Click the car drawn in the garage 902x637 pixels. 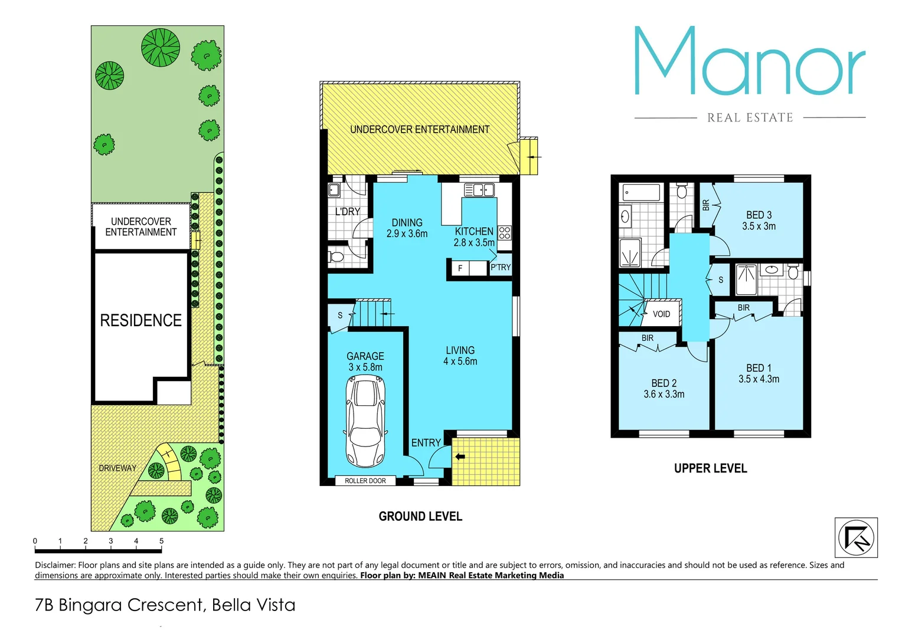coord(365,422)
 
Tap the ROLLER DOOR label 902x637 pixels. coord(365,481)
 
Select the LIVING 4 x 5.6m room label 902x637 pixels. coord(460,356)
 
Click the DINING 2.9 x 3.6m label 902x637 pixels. coord(407,228)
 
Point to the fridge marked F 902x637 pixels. coord(460,268)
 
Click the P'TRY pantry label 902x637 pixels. coord(501,267)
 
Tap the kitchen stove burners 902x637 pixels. coord(505,232)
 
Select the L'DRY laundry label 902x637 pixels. coord(347,211)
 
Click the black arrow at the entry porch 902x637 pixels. coord(460,457)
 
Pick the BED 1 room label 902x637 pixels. coord(759,373)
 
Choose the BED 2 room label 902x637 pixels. coord(664,389)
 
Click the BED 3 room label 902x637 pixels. coord(759,221)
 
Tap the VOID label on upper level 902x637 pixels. coord(661,314)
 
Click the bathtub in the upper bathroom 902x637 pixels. coord(641,192)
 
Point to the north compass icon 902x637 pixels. coord(856,537)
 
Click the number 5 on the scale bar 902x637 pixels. coord(161,541)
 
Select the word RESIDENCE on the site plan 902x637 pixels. coord(140,320)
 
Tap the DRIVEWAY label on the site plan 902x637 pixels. coord(117,468)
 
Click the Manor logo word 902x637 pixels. coord(749,62)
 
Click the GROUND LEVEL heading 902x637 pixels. coord(420,517)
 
